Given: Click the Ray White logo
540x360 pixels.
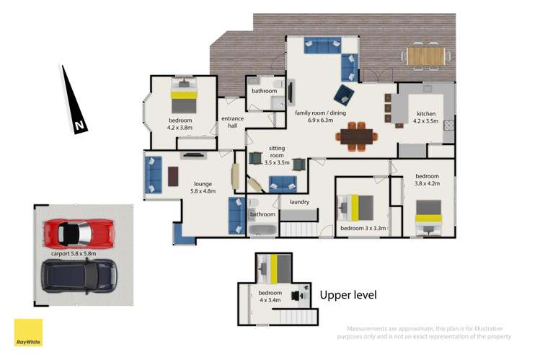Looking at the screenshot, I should pos(29,333).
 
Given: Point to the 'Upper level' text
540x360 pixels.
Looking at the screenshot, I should pos(348,295).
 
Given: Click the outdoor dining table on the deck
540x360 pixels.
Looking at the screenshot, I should pos(427,54).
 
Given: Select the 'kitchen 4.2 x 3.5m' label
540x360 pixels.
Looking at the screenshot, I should pos(426,118).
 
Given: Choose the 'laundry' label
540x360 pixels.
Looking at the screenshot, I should pos(299,202).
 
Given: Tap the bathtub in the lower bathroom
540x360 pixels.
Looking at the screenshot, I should pos(262,231).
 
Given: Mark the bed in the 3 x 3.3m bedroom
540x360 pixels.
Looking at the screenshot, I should pos(355,208).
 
